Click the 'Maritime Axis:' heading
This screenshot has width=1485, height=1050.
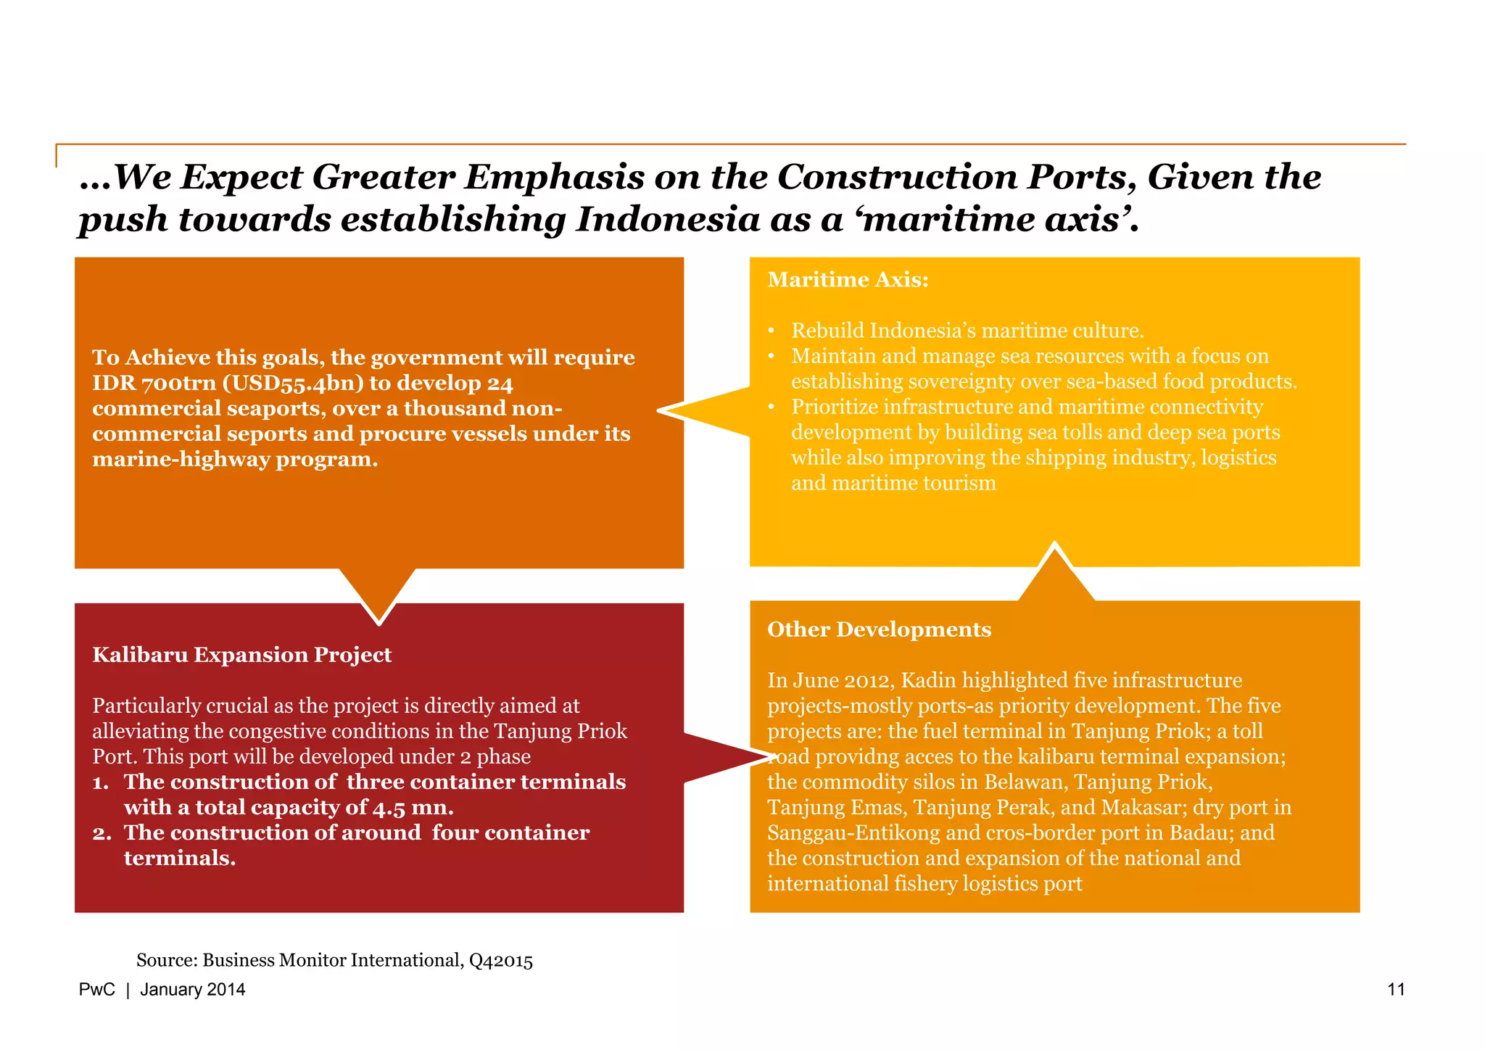(848, 280)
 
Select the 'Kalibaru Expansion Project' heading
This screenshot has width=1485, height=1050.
(241, 655)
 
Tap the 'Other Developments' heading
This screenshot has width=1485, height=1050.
(879, 629)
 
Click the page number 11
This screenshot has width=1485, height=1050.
(1396, 990)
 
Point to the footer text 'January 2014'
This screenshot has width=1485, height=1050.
(192, 990)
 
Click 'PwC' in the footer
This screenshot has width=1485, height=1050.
(96, 990)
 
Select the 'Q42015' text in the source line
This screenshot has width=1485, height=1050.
(500, 961)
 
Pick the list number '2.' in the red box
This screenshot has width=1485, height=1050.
(102, 833)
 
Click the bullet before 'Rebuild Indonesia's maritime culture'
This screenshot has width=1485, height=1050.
(772, 331)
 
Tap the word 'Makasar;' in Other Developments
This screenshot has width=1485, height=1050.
(1143, 808)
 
